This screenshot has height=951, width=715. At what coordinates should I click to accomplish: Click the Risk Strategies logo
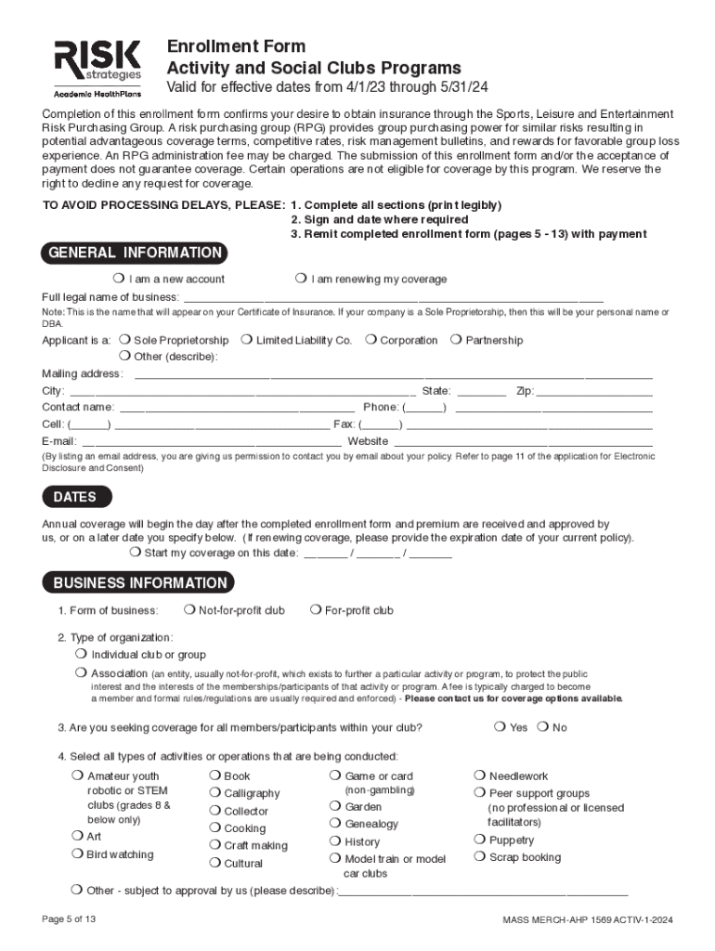pos(97,68)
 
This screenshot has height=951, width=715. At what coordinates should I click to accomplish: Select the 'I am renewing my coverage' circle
pos(301,279)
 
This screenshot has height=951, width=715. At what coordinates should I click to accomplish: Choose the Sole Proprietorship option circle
pos(124,340)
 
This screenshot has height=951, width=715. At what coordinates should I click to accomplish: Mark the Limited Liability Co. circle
pos(246,340)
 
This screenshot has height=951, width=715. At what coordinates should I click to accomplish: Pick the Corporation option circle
pos(370,340)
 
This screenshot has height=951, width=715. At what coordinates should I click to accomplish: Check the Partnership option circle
pos(456,340)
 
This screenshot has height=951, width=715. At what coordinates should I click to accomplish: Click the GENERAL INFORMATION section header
pos(135,253)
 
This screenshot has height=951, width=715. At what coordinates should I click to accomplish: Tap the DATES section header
pos(74,497)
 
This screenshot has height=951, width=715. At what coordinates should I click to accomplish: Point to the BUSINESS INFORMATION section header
pos(139,583)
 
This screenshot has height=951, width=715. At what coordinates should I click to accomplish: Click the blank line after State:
pos(482,391)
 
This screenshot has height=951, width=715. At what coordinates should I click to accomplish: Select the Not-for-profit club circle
pos(189,610)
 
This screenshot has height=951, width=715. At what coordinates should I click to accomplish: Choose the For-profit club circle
pos(316,610)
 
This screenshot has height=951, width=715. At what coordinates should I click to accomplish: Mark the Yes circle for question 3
pos(500,727)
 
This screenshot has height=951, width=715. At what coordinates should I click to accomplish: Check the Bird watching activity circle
pos(77,853)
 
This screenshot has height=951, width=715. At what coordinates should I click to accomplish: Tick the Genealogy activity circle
pos(335,824)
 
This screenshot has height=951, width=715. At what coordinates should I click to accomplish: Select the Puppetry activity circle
pos(480,840)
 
